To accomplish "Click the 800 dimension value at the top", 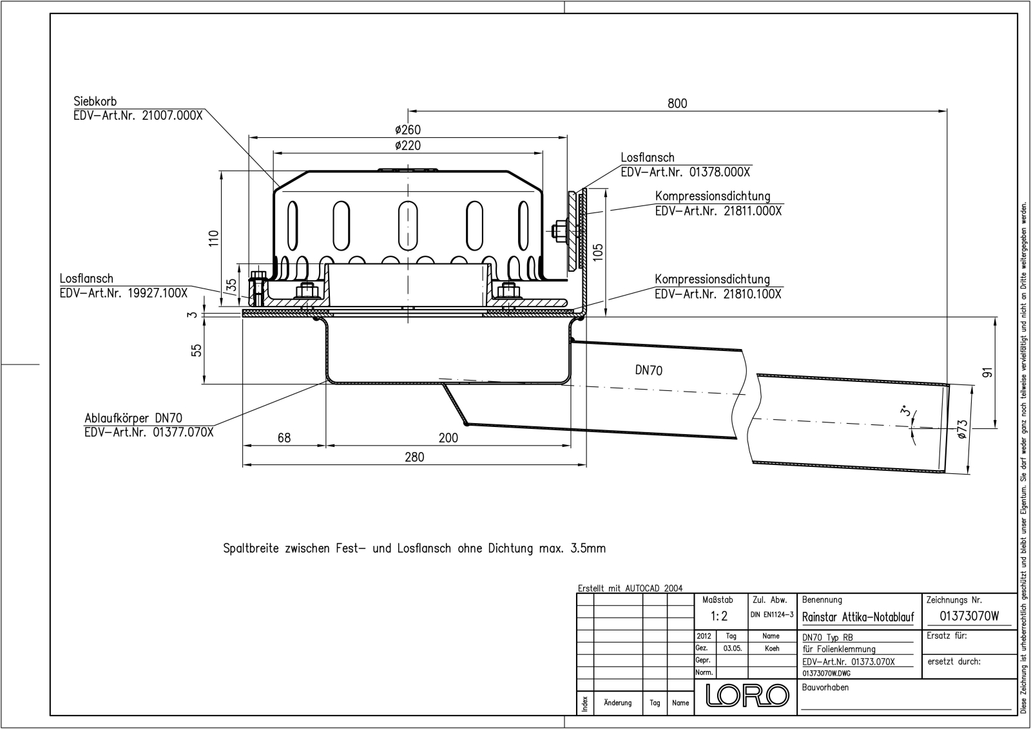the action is pos(677,104).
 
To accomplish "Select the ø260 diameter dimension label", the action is pos(408,129).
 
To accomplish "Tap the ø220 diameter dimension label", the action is pos(408,146).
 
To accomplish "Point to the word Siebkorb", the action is pos(95,101).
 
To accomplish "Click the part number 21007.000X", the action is pos(172,115).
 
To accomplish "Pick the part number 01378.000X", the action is pos(719,172).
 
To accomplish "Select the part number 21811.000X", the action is pos(751,211).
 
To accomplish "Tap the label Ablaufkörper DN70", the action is pos(133,418).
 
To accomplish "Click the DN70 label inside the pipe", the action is pos(648,370).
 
